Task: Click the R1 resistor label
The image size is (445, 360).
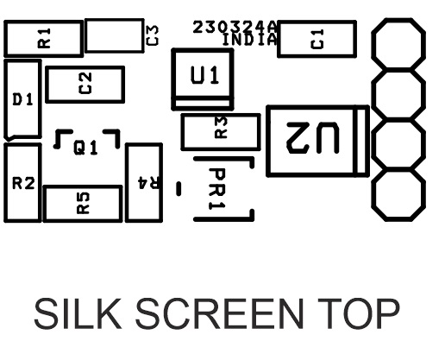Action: pos(44,38)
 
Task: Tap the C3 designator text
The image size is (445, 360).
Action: pos(153,35)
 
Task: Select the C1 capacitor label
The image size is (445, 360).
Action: pos(317,39)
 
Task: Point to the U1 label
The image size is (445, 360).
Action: pos(204,75)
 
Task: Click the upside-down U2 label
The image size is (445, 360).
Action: pos(313,138)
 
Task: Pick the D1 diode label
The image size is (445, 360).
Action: pos(23,99)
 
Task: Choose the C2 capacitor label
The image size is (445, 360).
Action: pos(85,83)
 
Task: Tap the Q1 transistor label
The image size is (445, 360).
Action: pos(85,148)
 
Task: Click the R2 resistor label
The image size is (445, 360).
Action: pos(23,183)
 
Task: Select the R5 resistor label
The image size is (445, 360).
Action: pos(84,203)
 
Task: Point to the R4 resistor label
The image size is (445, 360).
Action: pos(148,183)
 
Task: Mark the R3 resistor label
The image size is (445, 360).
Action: pos(221,128)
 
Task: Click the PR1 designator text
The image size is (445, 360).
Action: pos(216,189)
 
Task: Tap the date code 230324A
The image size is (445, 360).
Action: pos(235,27)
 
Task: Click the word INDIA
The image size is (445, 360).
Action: pos(250,40)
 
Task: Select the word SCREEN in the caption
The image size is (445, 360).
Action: pos(219,313)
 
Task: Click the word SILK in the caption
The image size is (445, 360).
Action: pos(78,313)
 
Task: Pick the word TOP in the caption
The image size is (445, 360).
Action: pos(359,313)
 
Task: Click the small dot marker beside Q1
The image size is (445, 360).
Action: pos(57,146)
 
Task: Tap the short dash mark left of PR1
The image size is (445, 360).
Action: pos(179,189)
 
